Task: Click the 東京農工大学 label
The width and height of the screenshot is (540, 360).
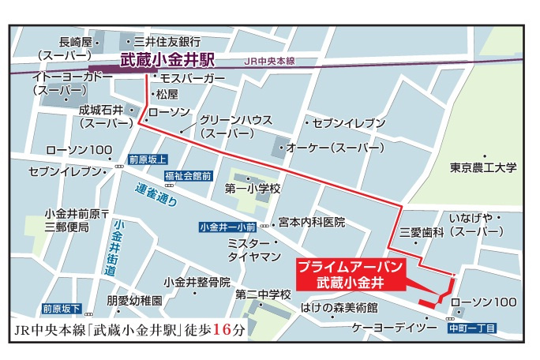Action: click(x=483, y=167)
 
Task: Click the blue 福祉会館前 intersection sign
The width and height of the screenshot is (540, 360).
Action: click(x=188, y=174)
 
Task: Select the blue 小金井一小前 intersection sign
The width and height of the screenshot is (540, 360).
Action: click(x=227, y=227)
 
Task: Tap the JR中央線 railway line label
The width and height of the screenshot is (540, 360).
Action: click(x=268, y=59)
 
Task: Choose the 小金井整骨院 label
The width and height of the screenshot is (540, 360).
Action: click(x=197, y=282)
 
